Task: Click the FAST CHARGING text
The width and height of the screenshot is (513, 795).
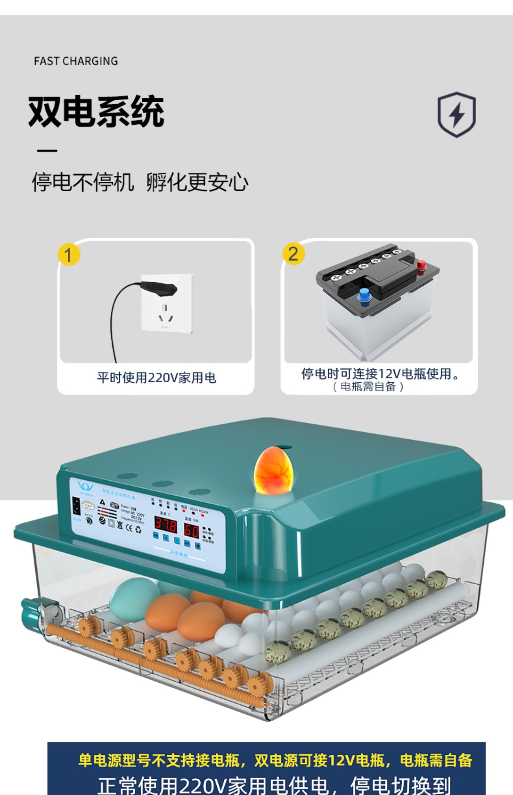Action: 76,61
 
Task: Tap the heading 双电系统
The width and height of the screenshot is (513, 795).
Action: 96,111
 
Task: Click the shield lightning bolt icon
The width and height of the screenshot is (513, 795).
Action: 457,114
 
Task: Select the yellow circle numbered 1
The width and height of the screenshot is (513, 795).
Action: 69,254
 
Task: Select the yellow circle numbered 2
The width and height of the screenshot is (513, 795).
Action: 293,253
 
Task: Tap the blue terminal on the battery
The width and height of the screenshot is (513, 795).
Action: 364,296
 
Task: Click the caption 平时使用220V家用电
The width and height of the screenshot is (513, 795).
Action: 156,378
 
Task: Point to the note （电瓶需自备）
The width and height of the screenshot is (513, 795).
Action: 368,387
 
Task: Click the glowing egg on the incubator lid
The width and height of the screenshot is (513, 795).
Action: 273,470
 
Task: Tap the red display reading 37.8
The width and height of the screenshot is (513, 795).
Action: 165,525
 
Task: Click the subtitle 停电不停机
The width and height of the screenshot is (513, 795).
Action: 83,182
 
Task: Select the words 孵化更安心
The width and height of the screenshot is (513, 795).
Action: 197,182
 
